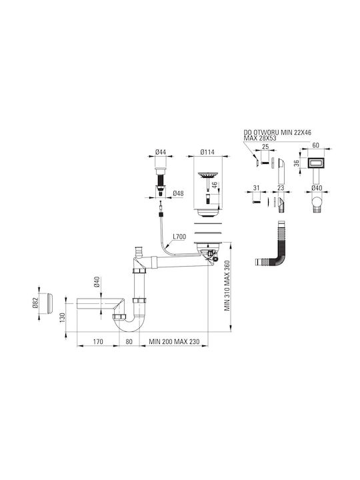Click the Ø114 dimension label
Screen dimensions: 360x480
[x=207, y=152]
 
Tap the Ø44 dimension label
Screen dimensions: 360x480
[x=161, y=152]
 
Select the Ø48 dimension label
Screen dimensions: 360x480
[x=178, y=193]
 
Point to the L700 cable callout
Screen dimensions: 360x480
[x=179, y=237]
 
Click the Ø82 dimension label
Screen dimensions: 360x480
[x=35, y=303]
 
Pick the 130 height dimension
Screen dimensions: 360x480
[x=63, y=318]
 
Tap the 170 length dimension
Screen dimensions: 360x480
[x=98, y=341]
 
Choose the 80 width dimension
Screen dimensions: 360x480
[x=129, y=341]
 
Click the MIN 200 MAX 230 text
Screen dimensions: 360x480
[x=174, y=341]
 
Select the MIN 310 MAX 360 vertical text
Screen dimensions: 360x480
[x=227, y=285]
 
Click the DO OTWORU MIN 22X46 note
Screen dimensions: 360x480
[x=277, y=133]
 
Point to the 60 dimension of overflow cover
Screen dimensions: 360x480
[x=315, y=145]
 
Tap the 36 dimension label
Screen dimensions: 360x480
[x=296, y=163]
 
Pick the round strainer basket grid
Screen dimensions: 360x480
[x=207, y=175]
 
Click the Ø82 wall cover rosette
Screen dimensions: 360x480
[x=49, y=303]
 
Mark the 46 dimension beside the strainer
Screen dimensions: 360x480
[x=215, y=185]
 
